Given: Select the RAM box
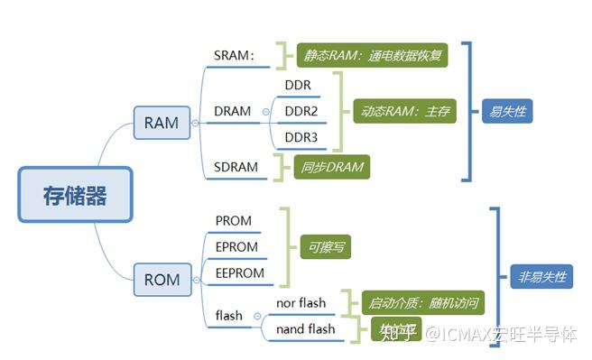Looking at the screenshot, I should [162, 122].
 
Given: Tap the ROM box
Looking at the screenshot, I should [162, 280].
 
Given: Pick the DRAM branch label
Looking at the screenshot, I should [233, 111].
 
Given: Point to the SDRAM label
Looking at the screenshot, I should [236, 167].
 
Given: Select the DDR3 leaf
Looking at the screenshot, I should [302, 137].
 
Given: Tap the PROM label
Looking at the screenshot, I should [234, 220].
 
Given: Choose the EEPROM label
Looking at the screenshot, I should [240, 272].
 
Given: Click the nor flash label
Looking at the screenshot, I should [301, 302].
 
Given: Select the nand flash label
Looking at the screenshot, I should [304, 329].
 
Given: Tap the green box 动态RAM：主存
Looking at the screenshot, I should [402, 112].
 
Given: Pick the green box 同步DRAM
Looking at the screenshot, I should [331, 167].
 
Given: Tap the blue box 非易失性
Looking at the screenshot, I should [541, 277].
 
